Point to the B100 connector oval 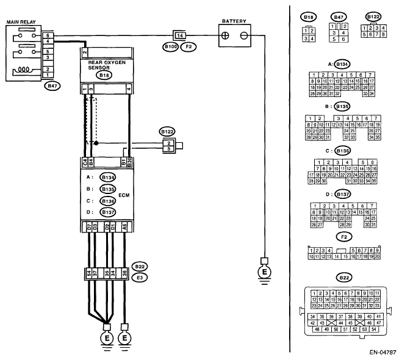[x=170, y=46]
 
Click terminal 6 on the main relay [x=48, y=36]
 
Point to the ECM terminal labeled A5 [x=124, y=228]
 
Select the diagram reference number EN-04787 [x=382, y=352]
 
